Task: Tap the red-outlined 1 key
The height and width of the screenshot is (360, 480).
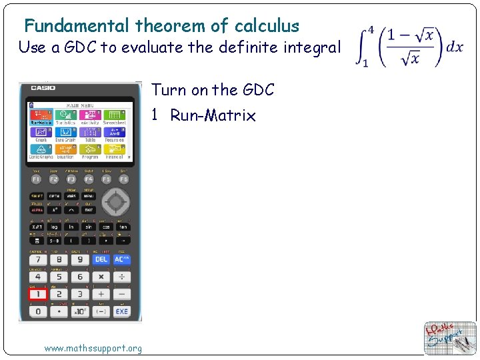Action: (x=37, y=294)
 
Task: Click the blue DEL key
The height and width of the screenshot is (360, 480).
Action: (x=101, y=259)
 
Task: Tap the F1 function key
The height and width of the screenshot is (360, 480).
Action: (x=36, y=179)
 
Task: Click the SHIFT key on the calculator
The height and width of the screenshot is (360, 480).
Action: (x=37, y=196)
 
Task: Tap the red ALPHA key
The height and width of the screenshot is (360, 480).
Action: (x=37, y=210)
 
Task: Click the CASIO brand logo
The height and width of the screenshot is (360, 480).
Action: (x=42, y=87)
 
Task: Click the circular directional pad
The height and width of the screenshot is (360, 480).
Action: (x=116, y=201)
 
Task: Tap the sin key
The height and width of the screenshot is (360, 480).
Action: (x=87, y=227)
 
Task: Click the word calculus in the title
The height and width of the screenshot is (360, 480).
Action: (x=267, y=26)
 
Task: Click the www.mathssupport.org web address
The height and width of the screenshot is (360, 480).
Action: (x=93, y=348)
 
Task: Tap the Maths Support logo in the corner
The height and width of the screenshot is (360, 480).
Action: (x=451, y=338)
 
